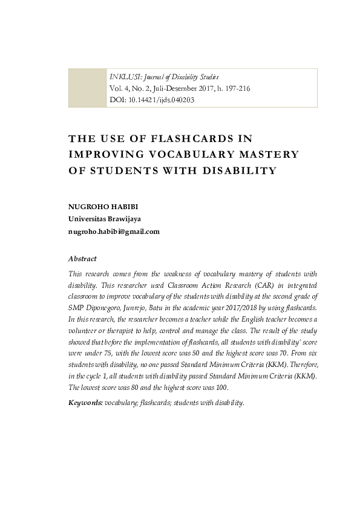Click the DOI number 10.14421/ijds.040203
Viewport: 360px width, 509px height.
tap(160, 100)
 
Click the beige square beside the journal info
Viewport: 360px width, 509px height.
tap(87, 88)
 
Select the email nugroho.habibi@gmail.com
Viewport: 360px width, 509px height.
tap(114, 232)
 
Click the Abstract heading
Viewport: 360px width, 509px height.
tap(82, 259)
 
